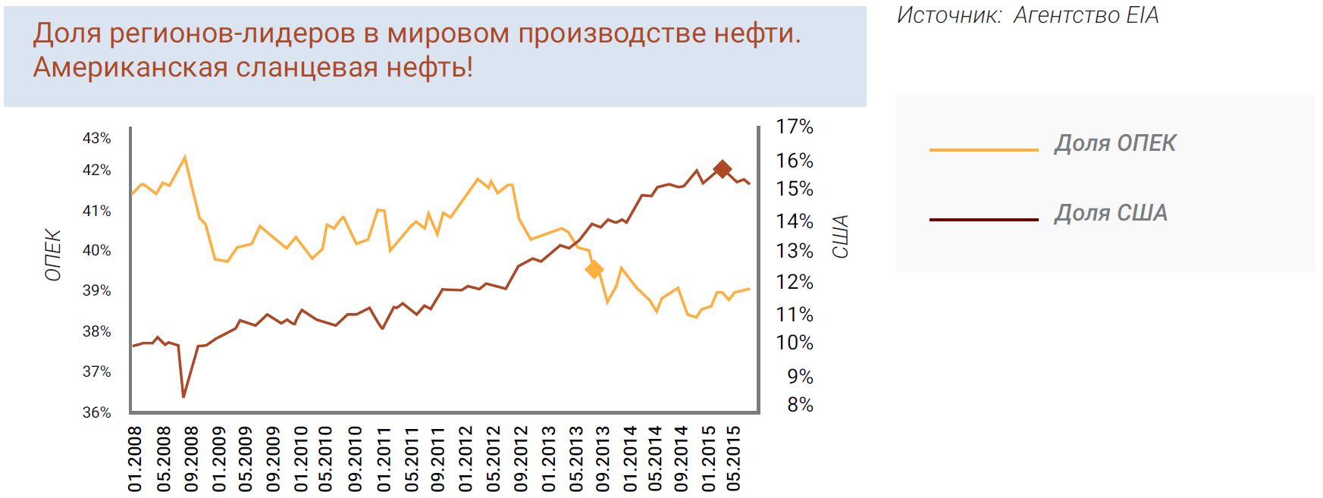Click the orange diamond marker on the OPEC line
click(594, 269)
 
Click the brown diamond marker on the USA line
click(723, 168)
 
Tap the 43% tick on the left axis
click(97, 139)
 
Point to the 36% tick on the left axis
click(97, 413)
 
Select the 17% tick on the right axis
click(795, 127)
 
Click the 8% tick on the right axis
click(800, 405)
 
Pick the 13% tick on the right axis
click(795, 252)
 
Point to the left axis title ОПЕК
click(53, 255)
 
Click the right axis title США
click(840, 236)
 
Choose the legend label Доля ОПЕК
click(1115, 143)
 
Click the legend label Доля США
click(1111, 213)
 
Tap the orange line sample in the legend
click(983, 150)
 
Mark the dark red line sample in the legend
click(983, 220)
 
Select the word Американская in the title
click(130, 68)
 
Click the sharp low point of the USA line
click(183, 396)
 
